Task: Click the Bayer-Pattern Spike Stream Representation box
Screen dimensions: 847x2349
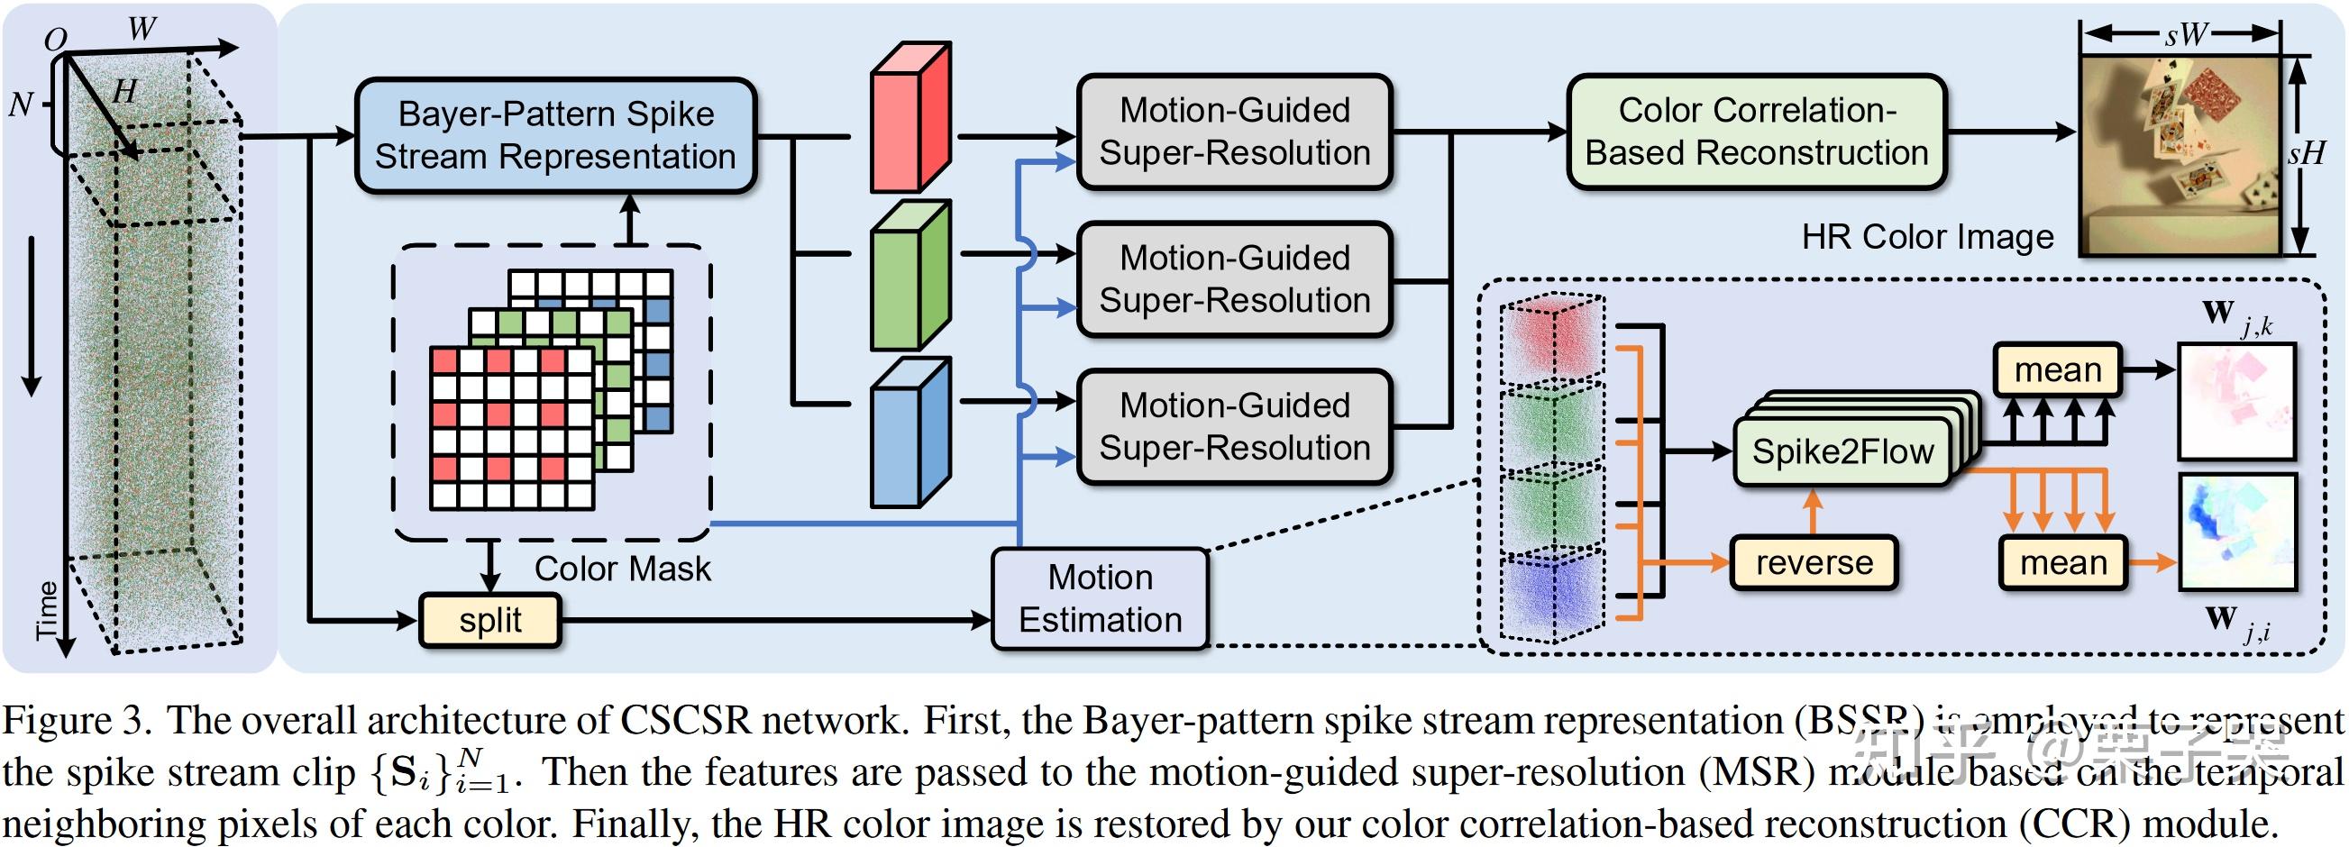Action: click(x=554, y=135)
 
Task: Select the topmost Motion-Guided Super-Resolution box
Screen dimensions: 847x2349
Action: click(x=1234, y=132)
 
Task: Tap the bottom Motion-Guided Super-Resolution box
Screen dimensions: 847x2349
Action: click(x=1234, y=427)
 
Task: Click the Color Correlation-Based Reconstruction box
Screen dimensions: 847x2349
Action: click(x=1756, y=132)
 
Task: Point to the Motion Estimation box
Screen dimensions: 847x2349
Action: click(x=1100, y=598)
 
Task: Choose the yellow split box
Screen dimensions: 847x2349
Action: click(x=489, y=620)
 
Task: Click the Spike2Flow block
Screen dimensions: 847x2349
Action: click(x=1842, y=451)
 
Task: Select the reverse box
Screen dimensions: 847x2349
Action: click(x=1814, y=562)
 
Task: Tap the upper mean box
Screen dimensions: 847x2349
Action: click(x=2057, y=369)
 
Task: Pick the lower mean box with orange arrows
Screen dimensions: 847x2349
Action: click(x=2062, y=562)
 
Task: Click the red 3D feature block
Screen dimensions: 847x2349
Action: click(x=910, y=119)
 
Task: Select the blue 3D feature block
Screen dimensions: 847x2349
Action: click(x=910, y=434)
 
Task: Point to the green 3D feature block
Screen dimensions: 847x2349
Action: click(x=910, y=278)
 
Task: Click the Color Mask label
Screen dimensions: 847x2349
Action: click(x=622, y=569)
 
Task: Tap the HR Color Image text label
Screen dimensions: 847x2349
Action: click(x=1927, y=237)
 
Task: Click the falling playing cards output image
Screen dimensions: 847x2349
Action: click(x=2180, y=153)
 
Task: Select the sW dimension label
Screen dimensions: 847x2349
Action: click(x=2185, y=34)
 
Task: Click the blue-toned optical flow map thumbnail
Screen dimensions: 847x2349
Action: click(x=2236, y=533)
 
